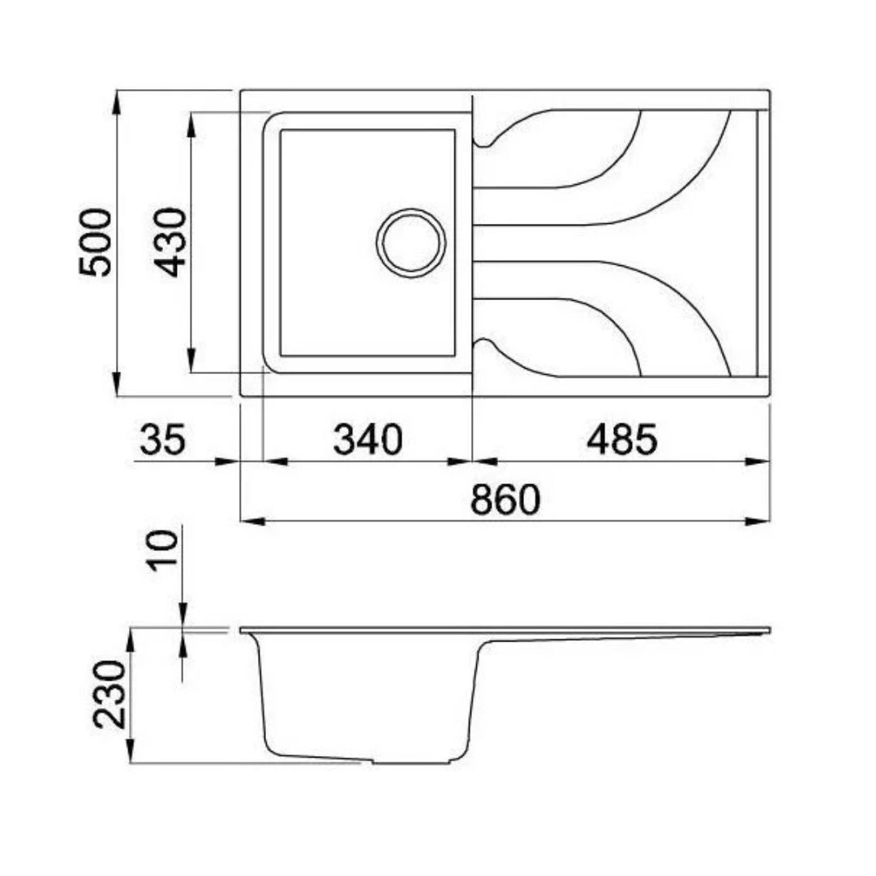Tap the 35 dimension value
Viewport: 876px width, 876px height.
click(x=162, y=439)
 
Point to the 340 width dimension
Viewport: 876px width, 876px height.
click(x=367, y=439)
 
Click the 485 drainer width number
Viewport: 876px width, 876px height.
click(x=622, y=439)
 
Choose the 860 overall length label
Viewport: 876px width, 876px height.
click(x=505, y=499)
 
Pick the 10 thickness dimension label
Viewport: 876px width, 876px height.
click(x=162, y=550)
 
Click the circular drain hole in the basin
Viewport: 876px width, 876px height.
click(x=411, y=243)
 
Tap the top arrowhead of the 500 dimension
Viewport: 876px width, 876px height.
click(x=116, y=102)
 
